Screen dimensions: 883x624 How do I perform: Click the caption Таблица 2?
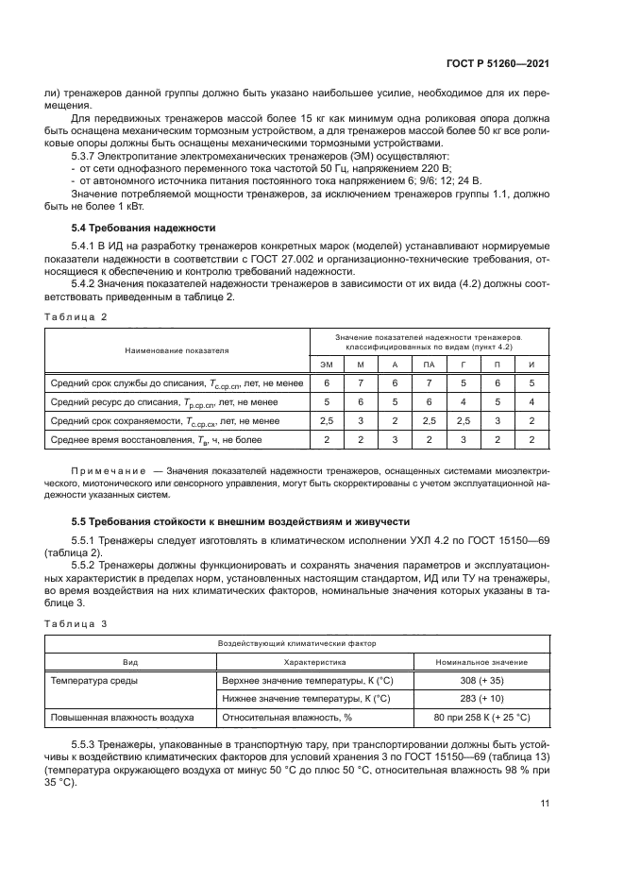click(76, 317)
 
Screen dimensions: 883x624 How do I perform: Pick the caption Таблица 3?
click(76, 624)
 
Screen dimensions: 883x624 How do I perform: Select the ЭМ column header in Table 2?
click(327, 364)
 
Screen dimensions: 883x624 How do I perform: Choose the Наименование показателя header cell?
click(177, 349)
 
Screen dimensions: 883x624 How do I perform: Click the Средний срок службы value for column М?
click(361, 382)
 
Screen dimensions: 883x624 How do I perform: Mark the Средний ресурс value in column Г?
click(464, 401)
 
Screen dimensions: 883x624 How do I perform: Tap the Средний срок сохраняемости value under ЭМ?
click(327, 420)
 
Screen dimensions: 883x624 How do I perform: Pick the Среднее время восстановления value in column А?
click(395, 439)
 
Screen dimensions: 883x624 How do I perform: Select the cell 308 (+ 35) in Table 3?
click(482, 680)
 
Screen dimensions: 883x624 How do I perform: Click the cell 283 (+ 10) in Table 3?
click(482, 699)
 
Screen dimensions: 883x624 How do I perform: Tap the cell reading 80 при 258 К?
click(482, 718)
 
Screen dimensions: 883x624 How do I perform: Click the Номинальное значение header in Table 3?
click(482, 661)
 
